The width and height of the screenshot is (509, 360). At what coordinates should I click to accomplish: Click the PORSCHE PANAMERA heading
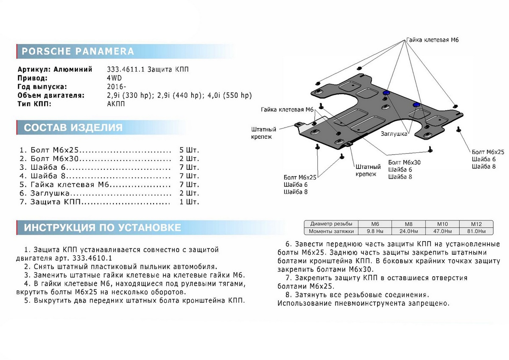tap(78, 51)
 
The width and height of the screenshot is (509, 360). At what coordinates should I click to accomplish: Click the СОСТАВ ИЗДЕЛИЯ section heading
tap(73, 127)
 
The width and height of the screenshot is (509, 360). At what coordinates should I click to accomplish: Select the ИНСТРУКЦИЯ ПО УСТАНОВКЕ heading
tap(102, 228)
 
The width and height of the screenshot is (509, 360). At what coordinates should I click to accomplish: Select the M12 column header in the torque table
tap(476, 224)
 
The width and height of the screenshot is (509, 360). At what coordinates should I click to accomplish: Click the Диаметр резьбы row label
tap(331, 224)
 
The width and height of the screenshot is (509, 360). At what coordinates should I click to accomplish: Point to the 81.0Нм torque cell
tap(476, 231)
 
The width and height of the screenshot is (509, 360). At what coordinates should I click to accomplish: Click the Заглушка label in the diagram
tap(394, 133)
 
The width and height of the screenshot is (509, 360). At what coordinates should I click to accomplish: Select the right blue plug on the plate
tap(417, 104)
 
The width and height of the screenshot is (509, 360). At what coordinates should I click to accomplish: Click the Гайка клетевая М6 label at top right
tap(432, 40)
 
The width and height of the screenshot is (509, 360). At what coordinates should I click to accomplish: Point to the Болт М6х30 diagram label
tap(404, 163)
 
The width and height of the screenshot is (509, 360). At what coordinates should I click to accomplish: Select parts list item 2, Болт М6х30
tap(55, 159)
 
